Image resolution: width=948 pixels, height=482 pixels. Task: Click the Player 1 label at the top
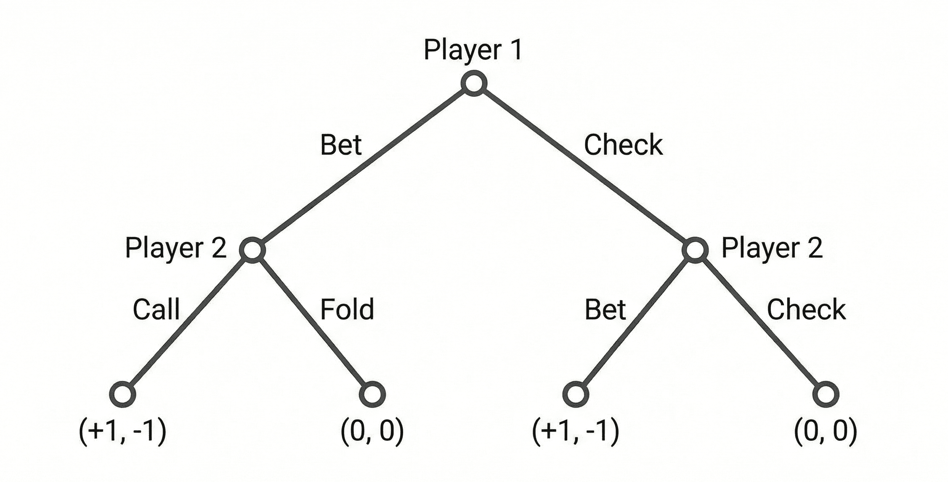tap(473, 50)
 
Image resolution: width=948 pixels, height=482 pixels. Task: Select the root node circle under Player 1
tap(474, 83)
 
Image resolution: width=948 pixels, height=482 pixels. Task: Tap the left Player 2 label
tap(176, 248)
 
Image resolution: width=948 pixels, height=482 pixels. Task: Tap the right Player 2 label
tap(772, 248)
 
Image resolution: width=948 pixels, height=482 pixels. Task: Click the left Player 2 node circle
tap(252, 250)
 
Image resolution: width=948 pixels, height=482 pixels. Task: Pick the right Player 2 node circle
tap(695, 250)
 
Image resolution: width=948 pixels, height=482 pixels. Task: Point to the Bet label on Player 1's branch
tap(341, 145)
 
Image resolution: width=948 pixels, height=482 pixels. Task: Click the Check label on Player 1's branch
tap(623, 145)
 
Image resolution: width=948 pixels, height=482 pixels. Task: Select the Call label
tap(156, 310)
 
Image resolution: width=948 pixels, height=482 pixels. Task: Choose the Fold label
tap(347, 310)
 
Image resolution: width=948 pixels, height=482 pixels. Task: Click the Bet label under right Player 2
tap(605, 310)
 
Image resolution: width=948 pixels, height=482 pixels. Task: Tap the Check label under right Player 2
tap(806, 310)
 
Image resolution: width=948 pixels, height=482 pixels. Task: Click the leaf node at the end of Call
tap(122, 394)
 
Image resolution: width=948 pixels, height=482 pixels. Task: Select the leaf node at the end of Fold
tap(372, 394)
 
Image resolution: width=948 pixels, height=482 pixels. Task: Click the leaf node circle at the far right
tap(826, 394)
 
